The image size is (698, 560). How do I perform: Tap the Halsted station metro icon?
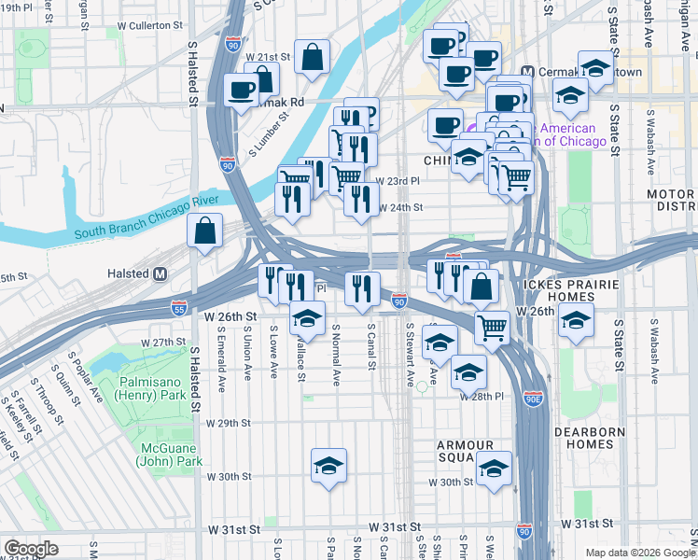(160, 273)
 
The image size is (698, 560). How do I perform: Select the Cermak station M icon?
(526, 72)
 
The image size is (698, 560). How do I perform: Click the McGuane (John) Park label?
(170, 454)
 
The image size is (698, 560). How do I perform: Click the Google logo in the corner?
(31, 548)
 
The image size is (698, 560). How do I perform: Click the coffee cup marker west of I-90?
(242, 91)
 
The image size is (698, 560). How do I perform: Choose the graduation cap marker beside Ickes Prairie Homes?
(577, 319)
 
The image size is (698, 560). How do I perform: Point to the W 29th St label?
(230, 423)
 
